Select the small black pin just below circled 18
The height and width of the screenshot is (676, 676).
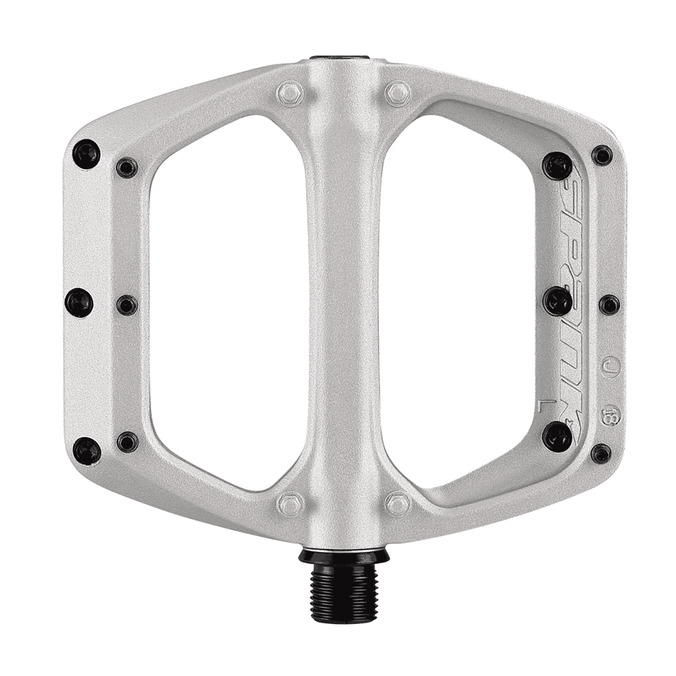click(602, 451)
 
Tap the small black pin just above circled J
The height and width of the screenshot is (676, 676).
click(608, 305)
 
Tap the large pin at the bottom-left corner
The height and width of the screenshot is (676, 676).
click(87, 450)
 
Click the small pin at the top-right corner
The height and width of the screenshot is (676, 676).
click(602, 153)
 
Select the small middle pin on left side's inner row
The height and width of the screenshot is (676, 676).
click(127, 305)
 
